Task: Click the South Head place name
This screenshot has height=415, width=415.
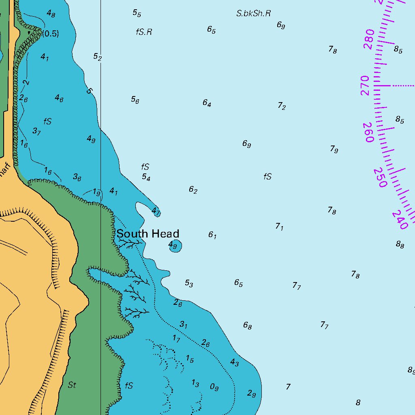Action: pos(148,234)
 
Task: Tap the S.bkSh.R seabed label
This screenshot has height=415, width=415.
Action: pos(253,13)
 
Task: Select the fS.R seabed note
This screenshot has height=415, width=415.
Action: pos(144,32)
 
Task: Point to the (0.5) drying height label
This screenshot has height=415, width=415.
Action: pos(51,34)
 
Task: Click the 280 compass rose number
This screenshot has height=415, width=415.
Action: pos(369,39)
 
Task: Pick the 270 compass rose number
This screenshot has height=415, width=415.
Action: pos(365,86)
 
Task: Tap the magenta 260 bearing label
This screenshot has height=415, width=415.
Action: pos(369,132)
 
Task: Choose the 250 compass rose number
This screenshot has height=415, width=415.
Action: pos(380,178)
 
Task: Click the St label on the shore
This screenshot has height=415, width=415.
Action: pos(72,385)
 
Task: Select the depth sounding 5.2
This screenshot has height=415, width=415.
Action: pos(97,57)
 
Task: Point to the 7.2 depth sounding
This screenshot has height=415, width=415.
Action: pos(282,106)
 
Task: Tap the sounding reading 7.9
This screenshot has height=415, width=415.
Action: pos(334,149)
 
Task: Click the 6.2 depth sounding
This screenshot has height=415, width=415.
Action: pos(193,190)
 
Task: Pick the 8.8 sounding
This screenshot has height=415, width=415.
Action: pos(400,244)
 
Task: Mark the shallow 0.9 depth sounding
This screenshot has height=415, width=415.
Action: pos(214,387)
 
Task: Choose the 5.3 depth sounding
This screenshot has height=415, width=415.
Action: pos(189,283)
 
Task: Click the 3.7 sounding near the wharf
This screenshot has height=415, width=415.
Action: pos(36,131)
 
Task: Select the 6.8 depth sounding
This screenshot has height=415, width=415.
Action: pos(247,325)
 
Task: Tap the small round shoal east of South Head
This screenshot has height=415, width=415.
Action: pos(175,246)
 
